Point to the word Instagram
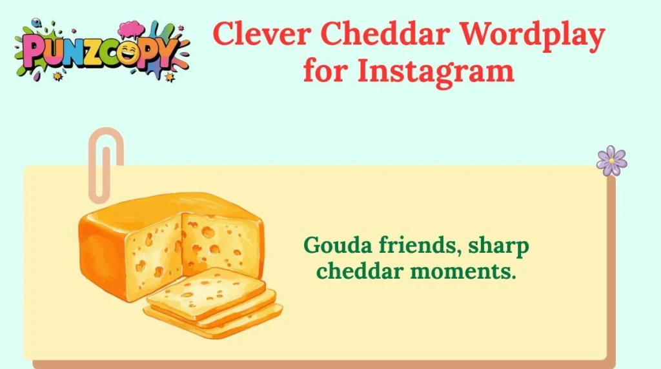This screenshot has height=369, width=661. pos(436,70)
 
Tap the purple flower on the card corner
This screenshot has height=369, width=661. pos(611,160)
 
